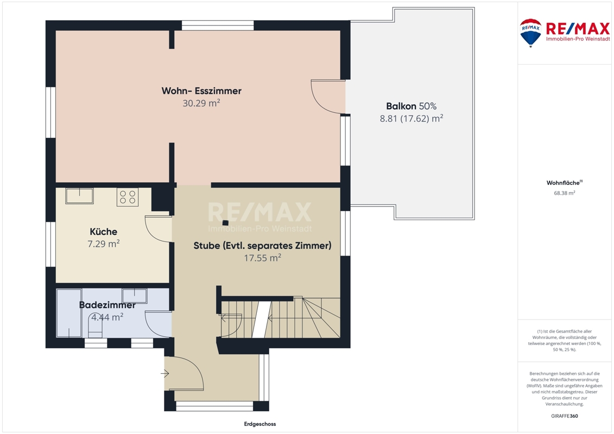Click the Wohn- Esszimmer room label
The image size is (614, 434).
[201, 91]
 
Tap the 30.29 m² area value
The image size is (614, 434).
[201, 103]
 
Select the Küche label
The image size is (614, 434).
[103, 231]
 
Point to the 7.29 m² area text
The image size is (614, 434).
[103, 244]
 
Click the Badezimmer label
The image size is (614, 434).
[107, 305]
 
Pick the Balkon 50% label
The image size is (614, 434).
[411, 106]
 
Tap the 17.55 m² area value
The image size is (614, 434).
[262, 258]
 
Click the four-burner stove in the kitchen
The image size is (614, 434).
[128, 197]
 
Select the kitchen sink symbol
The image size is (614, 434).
[79, 196]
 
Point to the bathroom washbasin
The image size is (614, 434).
[134, 296]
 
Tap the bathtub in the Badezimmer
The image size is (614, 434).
[69, 313]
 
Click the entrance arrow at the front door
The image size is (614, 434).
[165, 374]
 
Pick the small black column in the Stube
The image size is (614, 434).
[225, 222]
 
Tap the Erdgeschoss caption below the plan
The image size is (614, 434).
[260, 424]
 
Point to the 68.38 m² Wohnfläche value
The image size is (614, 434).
[564, 193]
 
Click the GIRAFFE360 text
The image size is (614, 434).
[564, 416]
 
